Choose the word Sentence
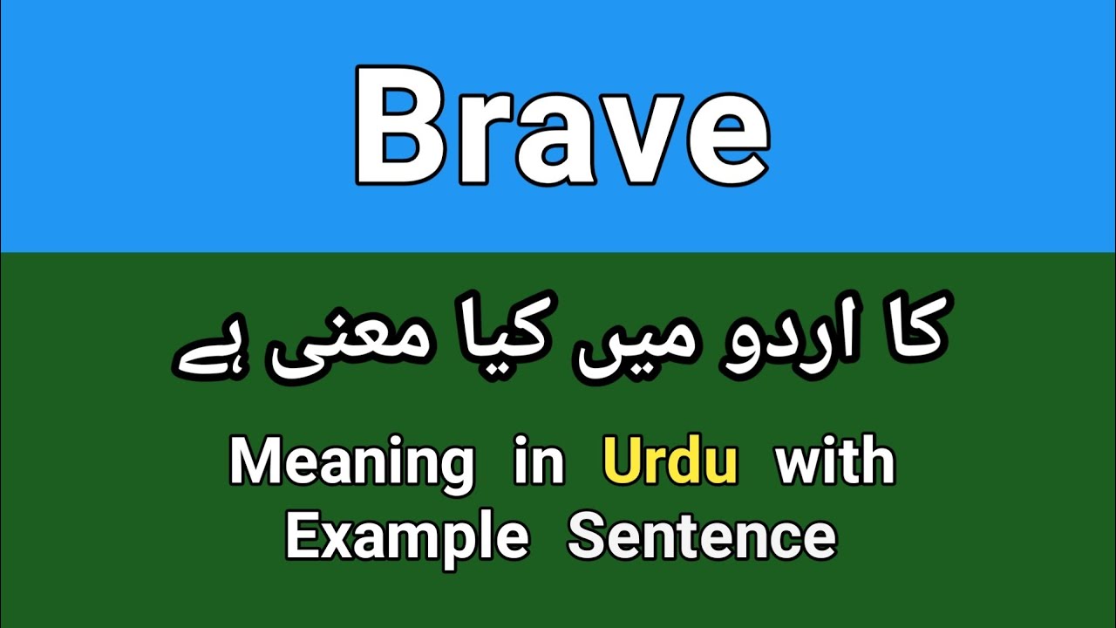701,536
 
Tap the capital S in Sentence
586,536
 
